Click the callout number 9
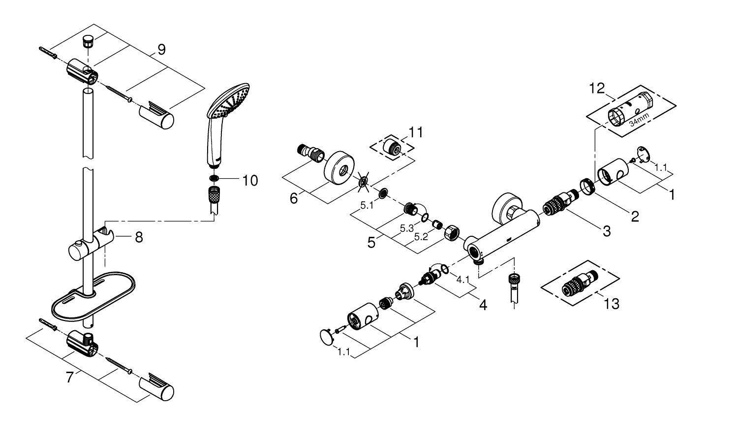coord(161,49)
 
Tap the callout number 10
coord(250,181)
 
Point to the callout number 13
coord(612,304)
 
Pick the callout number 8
coord(139,238)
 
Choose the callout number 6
coord(294,198)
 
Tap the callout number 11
coord(416,132)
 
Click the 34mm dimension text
coord(640,120)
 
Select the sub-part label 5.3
coord(406,228)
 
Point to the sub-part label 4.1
coord(463,280)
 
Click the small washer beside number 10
coord(215,179)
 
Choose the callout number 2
coord(635,216)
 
